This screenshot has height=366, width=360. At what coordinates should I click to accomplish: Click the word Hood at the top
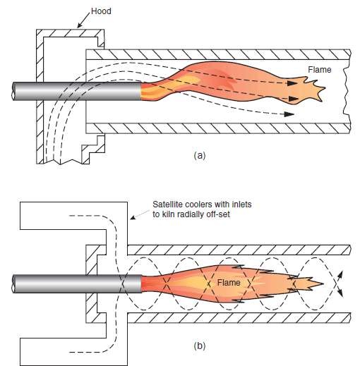101,11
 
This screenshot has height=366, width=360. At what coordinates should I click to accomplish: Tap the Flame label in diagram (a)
320,69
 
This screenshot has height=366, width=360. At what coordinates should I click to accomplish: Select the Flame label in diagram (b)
229,283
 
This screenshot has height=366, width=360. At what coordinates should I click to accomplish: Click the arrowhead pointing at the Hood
78,27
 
